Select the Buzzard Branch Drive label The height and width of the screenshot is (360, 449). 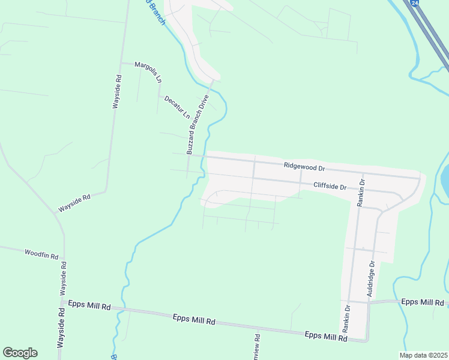tap(197, 125)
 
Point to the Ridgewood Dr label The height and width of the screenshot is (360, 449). tap(304, 166)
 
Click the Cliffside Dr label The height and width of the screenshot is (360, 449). tap(330, 186)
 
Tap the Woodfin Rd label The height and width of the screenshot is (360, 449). tap(41, 254)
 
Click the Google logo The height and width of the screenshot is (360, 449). tap(20, 353)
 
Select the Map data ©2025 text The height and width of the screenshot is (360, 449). tap(423, 355)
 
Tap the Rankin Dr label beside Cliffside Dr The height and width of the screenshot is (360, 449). tap(361, 192)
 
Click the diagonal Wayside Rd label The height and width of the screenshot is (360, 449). tap(74, 203)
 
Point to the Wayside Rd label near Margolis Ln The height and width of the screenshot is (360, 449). tap(118, 91)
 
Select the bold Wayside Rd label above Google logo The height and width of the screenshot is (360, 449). tap(61, 328)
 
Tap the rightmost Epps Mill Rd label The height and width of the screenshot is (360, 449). tap(422, 302)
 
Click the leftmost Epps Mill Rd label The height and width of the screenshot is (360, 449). tap(89, 305)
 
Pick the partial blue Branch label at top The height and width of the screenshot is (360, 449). tap(155, 11)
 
